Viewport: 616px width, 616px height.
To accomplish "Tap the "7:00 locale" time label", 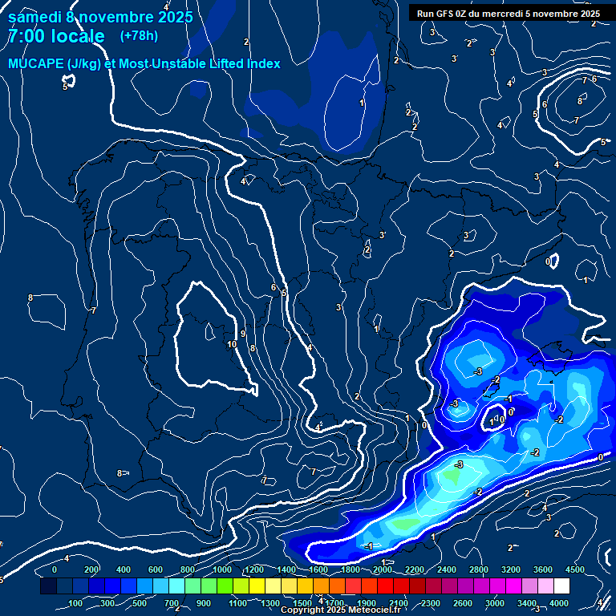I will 56,36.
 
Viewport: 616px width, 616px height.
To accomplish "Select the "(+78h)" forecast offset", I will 139,35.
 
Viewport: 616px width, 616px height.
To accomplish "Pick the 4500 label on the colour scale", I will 575,569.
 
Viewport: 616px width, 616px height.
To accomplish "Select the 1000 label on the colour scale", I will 221,569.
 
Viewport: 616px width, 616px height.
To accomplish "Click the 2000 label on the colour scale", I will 383,569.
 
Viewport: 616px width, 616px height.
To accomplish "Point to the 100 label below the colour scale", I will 76,603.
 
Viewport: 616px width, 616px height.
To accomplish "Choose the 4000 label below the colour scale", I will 559,603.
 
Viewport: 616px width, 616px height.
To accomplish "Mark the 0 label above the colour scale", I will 55,569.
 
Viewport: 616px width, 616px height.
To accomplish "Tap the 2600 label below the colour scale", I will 463,603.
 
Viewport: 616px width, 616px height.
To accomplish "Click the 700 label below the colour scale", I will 172,603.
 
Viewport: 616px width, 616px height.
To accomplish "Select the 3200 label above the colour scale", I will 511,569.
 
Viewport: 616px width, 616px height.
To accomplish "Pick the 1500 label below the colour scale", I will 302,603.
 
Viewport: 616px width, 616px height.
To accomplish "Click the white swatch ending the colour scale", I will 561,586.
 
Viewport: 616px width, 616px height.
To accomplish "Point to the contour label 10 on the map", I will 232,344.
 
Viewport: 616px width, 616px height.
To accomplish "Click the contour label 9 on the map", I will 242,334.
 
